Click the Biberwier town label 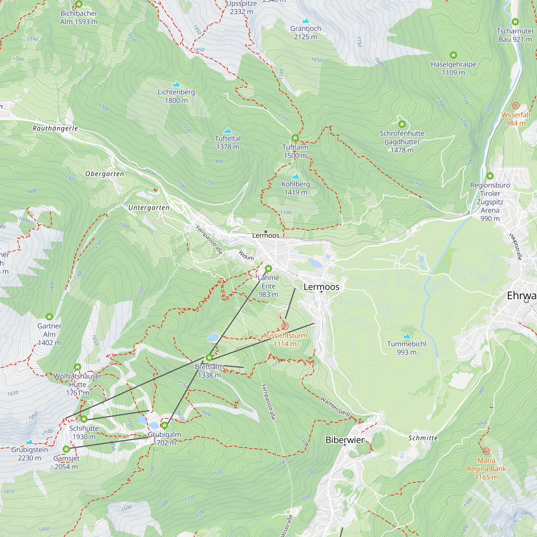click(345, 440)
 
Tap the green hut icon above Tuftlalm click(295, 138)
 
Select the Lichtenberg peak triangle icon click(176, 84)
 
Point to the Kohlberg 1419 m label click(296, 188)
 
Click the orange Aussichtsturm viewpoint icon click(285, 326)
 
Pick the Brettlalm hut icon click(209, 357)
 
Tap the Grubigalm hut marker click(165, 425)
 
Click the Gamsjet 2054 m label click(66, 463)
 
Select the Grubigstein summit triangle click(30, 442)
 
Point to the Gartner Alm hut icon click(49, 317)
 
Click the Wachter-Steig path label click(335, 406)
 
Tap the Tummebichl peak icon click(407, 336)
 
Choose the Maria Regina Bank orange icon click(486, 451)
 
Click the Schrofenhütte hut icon click(402, 124)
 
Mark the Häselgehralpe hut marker click(453, 55)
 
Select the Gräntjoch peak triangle click(306, 21)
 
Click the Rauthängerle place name click(55, 128)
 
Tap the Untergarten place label click(149, 208)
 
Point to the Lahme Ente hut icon click(268, 268)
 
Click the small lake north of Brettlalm click(213, 338)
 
